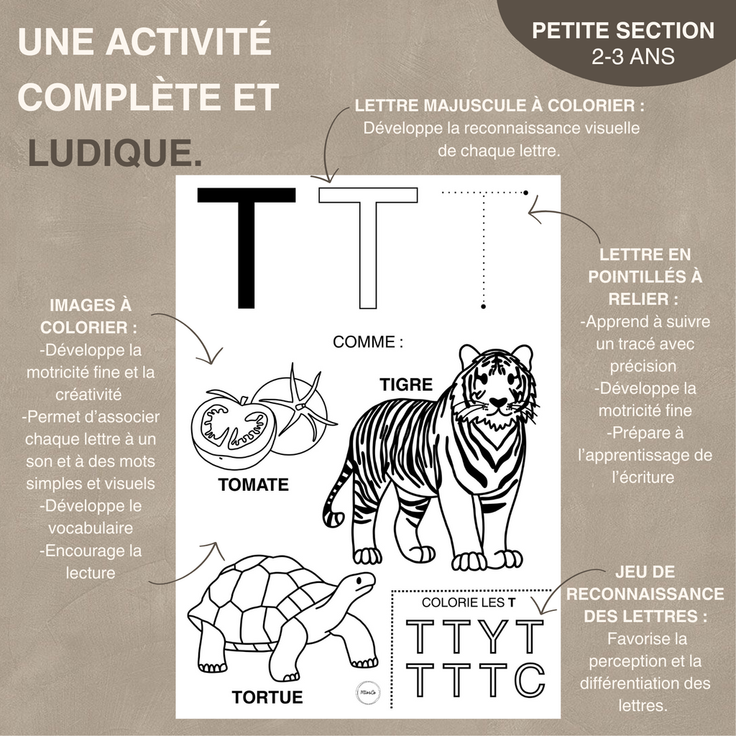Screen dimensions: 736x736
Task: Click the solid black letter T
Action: tap(246, 244)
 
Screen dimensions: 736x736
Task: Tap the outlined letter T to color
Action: tap(368, 244)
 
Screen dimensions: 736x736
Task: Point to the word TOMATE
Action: tap(253, 485)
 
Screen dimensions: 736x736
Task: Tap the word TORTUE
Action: tap(267, 696)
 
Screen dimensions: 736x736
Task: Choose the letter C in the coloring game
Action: tap(530, 679)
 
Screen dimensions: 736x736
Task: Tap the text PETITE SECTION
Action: tap(623, 31)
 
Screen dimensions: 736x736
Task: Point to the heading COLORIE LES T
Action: tap(469, 602)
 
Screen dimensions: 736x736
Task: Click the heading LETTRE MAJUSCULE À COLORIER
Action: tap(500, 106)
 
